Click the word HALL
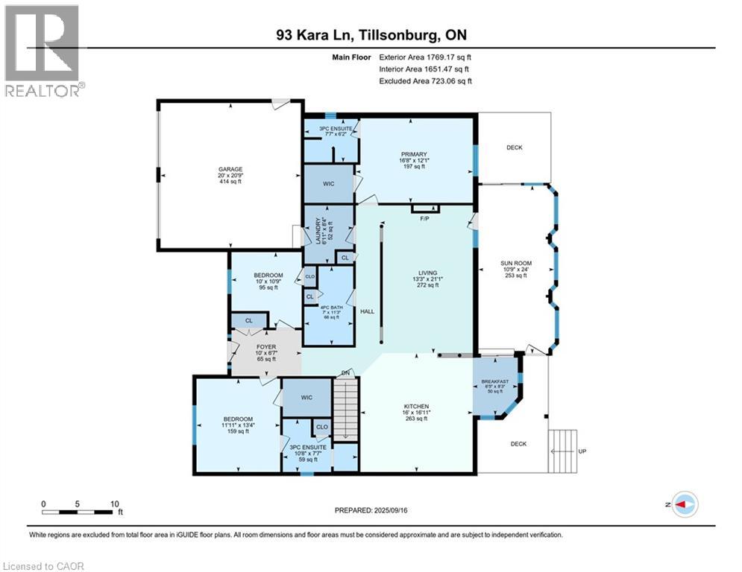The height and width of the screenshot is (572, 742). pos(367,311)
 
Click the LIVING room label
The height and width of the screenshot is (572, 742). pos(427,273)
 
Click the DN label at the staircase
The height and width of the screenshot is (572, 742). pos(345,372)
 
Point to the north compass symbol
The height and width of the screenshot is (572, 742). pos(684,505)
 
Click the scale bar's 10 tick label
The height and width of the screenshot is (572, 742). pos(115,503)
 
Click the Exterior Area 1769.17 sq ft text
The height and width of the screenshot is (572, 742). pos(425,55)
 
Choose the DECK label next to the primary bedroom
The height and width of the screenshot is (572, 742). pos(515,147)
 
